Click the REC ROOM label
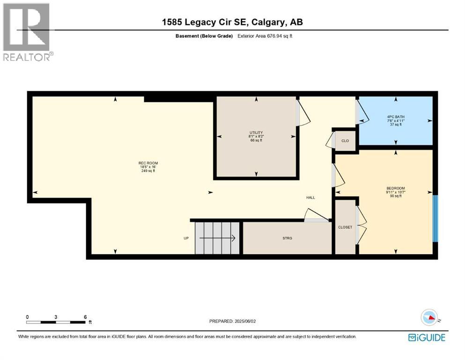click(x=145, y=163)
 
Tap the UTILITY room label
click(x=256, y=133)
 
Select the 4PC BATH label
click(x=395, y=116)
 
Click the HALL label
click(x=310, y=198)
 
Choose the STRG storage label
click(x=287, y=239)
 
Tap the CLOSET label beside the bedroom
click(x=345, y=227)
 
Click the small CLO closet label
click(x=345, y=140)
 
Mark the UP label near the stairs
click(x=186, y=239)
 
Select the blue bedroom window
click(x=435, y=218)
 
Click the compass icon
click(x=429, y=318)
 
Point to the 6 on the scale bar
click(x=85, y=317)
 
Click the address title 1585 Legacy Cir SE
click(x=233, y=22)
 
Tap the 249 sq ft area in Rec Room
click(x=145, y=171)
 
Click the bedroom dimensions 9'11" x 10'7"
click(x=395, y=191)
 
